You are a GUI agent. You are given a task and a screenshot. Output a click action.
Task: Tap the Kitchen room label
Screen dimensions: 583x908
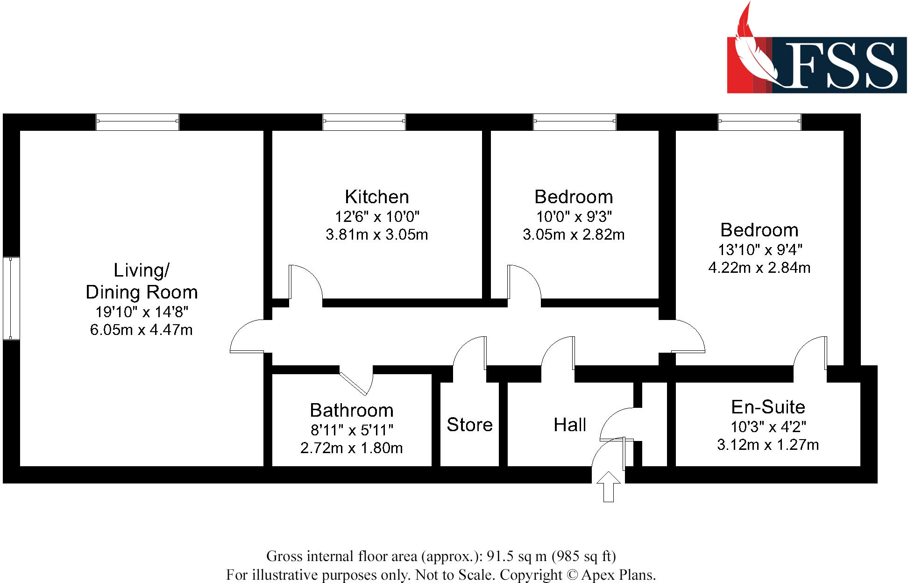tap(376, 197)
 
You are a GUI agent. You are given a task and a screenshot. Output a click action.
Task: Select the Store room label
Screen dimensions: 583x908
tap(469, 425)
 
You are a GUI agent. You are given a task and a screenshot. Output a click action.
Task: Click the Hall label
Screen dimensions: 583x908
tap(569, 425)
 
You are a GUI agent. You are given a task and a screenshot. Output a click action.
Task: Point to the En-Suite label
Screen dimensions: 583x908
tap(768, 407)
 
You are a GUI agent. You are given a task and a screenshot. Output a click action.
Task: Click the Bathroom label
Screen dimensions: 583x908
tap(351, 410)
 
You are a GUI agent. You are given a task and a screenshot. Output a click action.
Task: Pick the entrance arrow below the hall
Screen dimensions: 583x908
tap(608, 486)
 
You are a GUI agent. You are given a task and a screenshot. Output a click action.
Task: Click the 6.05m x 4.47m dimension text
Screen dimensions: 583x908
tap(141, 330)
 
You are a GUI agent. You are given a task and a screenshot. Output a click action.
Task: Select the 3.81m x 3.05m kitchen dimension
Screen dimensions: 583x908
tap(376, 234)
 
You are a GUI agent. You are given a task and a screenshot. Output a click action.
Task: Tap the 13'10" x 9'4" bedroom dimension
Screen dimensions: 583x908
tap(759, 249)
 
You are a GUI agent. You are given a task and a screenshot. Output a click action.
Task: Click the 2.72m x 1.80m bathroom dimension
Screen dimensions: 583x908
tap(351, 448)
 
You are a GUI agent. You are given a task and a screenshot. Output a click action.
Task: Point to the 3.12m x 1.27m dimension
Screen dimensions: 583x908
tap(768, 444)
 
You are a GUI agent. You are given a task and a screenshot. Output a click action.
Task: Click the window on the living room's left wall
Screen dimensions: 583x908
tap(11, 298)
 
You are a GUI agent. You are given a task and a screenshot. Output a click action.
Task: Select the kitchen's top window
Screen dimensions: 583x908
tap(364, 122)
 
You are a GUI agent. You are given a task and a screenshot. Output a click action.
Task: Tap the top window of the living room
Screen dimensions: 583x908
tap(137, 122)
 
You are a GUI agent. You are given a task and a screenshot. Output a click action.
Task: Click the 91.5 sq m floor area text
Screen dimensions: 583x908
tap(516, 556)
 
